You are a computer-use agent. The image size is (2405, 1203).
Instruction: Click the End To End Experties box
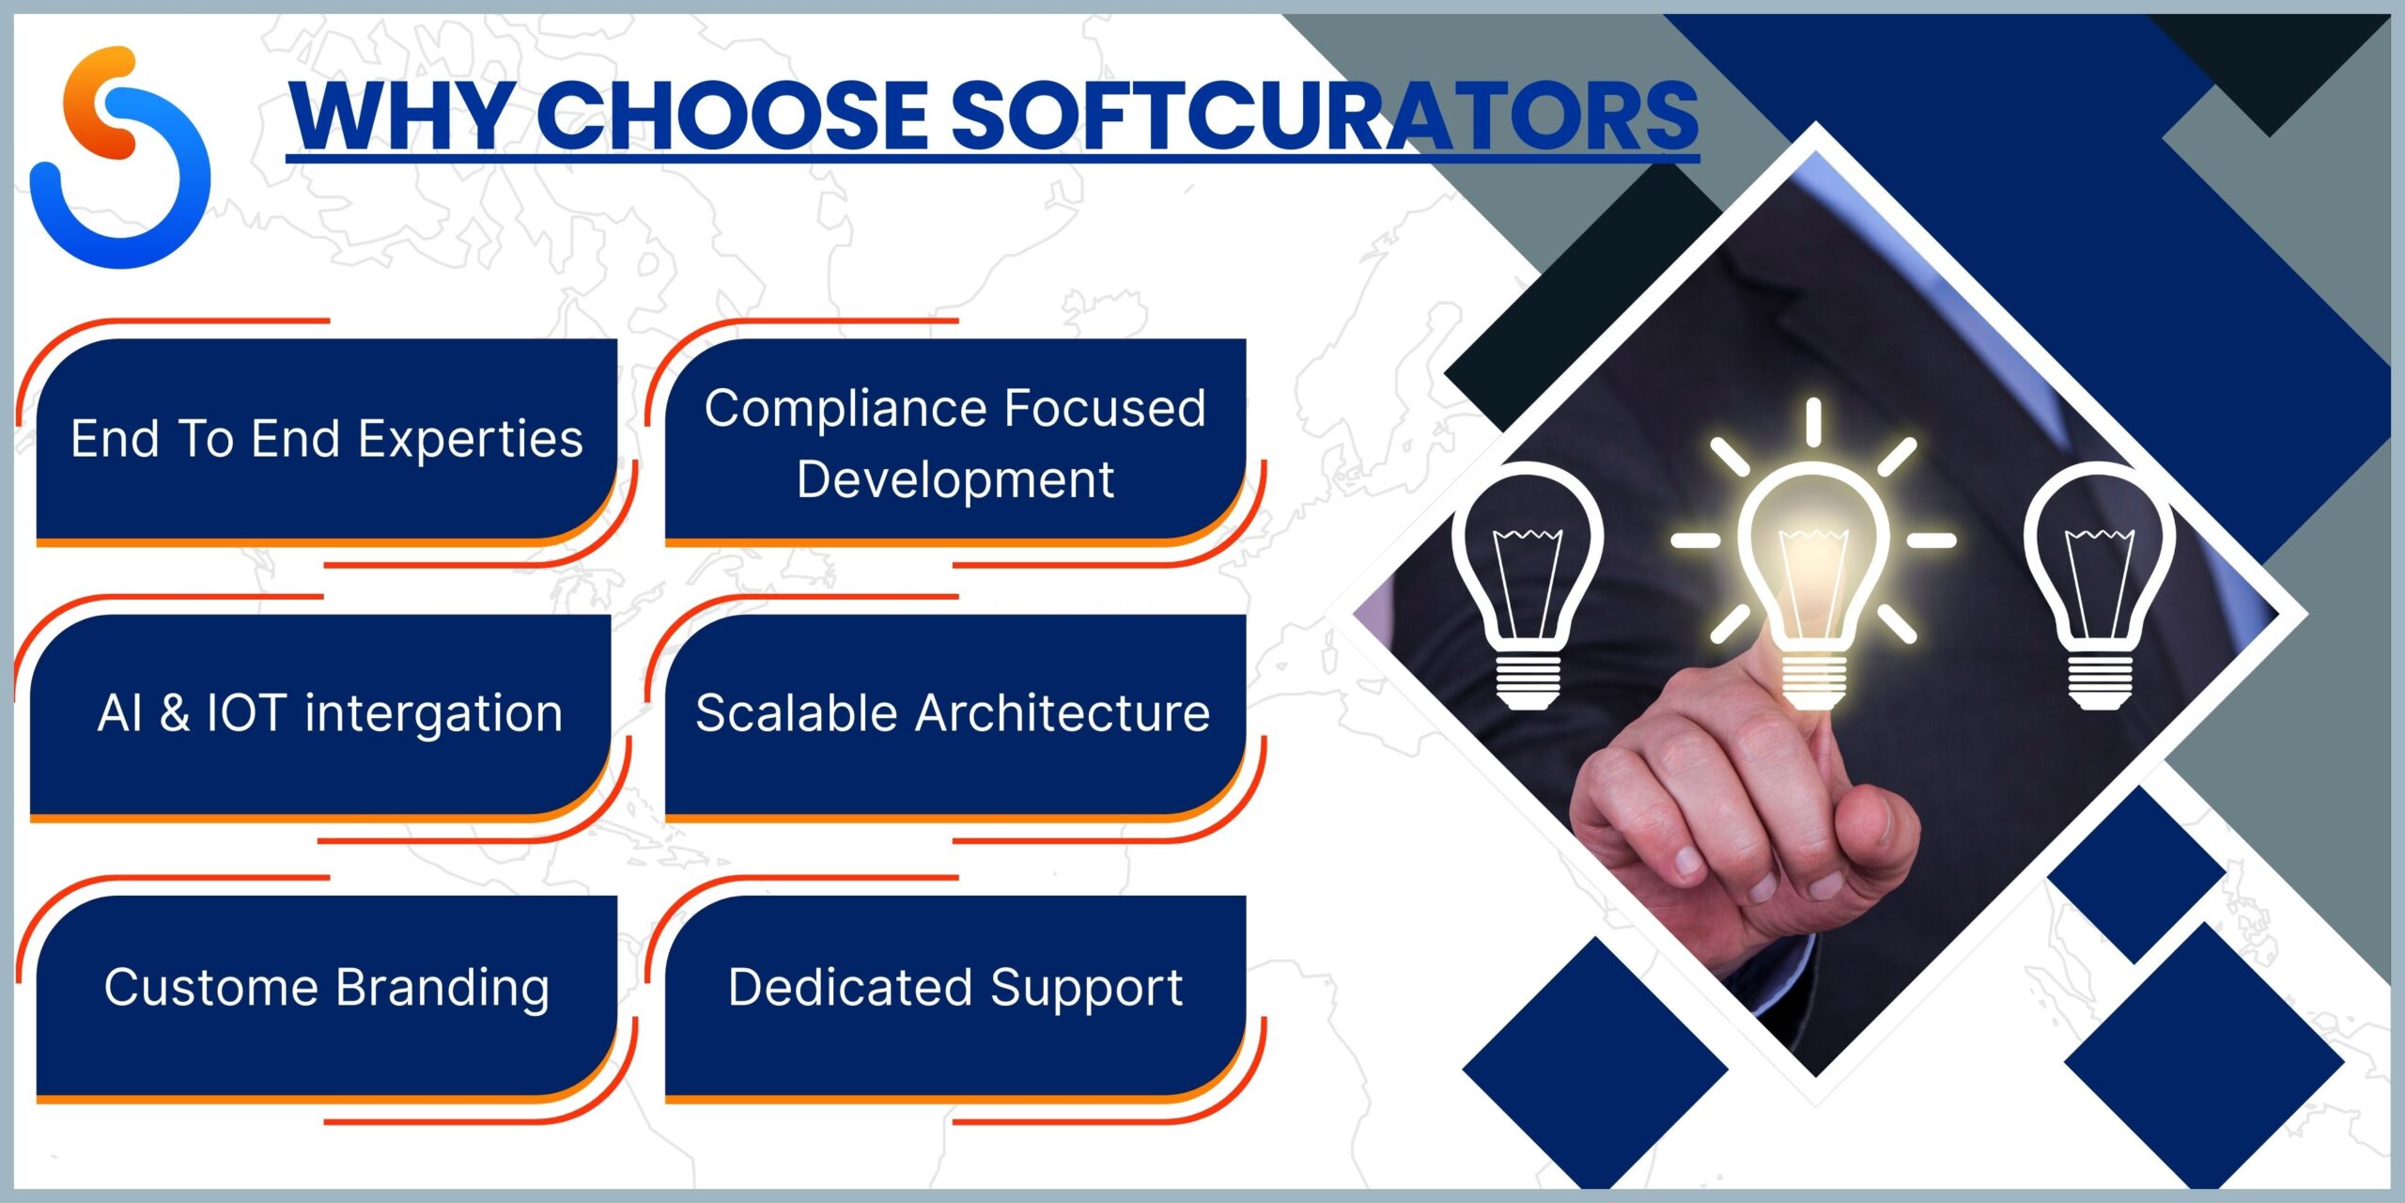click(x=327, y=440)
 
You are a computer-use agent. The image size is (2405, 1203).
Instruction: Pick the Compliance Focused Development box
click(x=955, y=440)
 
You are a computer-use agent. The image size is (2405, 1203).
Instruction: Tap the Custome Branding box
click(x=327, y=996)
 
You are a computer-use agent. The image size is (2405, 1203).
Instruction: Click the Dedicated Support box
click(x=955, y=996)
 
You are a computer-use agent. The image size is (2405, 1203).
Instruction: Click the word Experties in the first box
click(x=471, y=440)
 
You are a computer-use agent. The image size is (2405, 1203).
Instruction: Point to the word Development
click(x=955, y=479)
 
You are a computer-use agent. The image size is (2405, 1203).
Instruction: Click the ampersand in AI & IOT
click(x=174, y=713)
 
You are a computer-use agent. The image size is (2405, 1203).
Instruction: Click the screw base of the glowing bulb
click(x=1813, y=680)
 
